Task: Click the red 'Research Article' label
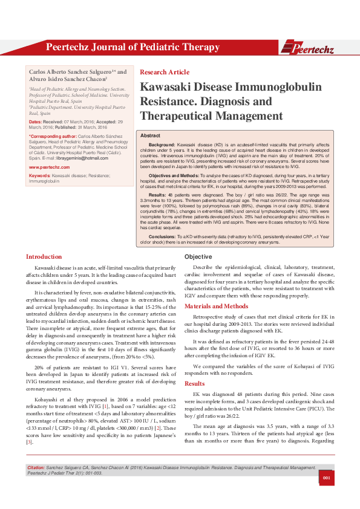coord(165,72)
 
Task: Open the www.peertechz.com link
coord(49,166)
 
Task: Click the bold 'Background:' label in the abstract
coord(162,146)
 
